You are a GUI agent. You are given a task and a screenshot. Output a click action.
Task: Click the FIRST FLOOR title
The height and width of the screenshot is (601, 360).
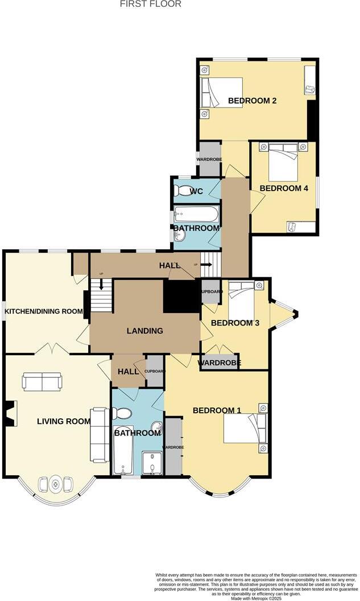151,4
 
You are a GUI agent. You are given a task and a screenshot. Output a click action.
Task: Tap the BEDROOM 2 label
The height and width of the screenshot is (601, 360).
252,101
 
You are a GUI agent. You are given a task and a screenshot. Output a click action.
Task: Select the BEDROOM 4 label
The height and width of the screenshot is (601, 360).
284,188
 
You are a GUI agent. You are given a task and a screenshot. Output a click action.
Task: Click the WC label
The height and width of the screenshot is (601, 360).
196,191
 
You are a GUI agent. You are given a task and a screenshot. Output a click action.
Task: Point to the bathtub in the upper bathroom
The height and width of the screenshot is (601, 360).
196,214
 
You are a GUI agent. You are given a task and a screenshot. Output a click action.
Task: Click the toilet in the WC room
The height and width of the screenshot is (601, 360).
183,190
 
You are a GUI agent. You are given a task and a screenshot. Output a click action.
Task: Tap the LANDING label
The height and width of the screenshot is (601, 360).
145,331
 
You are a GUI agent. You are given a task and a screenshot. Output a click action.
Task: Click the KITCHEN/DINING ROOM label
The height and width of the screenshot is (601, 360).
44,312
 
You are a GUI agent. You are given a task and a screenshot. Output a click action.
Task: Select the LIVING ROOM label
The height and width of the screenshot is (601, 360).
64,422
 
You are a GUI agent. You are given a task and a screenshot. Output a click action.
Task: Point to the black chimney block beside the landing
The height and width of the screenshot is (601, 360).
180,295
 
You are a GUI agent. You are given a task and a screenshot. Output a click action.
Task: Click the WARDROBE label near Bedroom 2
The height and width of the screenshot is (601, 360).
209,159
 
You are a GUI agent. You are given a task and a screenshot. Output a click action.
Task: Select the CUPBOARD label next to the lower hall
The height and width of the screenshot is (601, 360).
155,372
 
